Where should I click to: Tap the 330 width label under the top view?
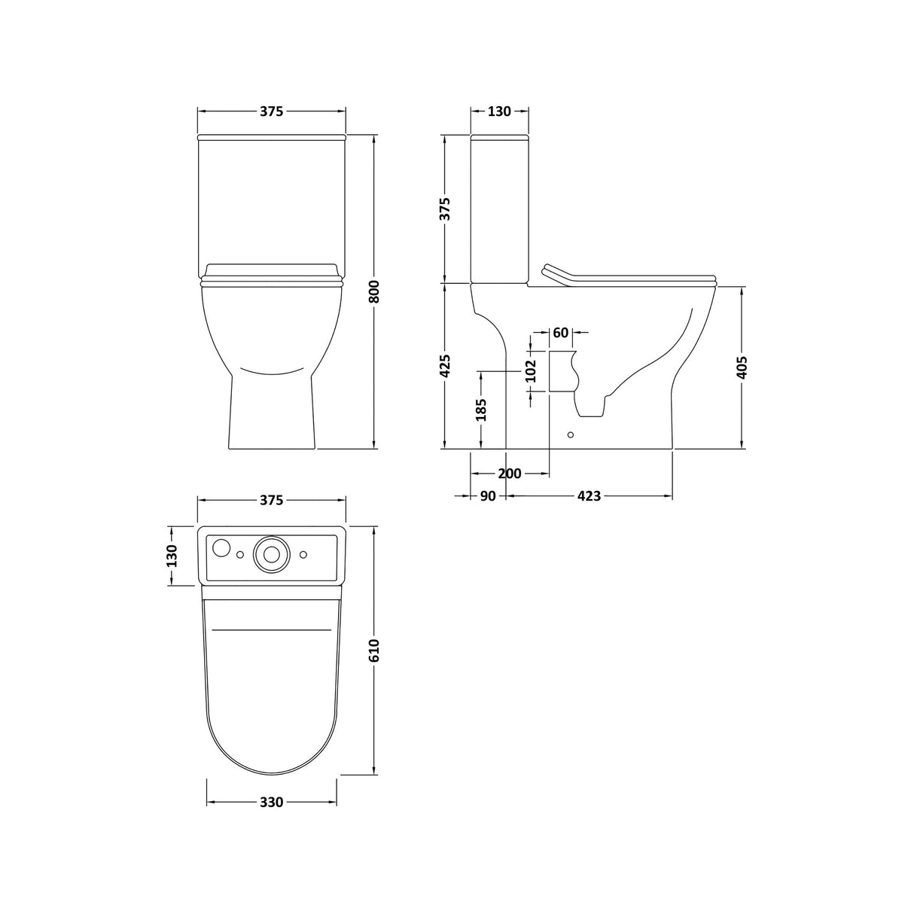click(271, 802)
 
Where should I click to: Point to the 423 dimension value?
click(589, 496)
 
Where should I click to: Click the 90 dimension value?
click(487, 496)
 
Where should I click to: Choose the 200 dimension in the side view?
click(509, 474)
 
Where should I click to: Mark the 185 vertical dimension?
click(482, 410)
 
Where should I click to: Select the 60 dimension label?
click(561, 333)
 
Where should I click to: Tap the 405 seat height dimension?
click(743, 368)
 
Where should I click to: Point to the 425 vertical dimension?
click(445, 366)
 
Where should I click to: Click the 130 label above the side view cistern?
click(499, 111)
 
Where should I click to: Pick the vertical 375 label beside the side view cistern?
click(445, 209)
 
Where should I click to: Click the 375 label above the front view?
click(271, 111)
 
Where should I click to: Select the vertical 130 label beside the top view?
click(172, 556)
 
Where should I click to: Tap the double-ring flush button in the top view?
click(271, 553)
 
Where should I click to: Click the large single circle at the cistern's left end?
click(221, 548)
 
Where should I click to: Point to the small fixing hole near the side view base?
click(570, 434)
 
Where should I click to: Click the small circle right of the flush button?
click(303, 555)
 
